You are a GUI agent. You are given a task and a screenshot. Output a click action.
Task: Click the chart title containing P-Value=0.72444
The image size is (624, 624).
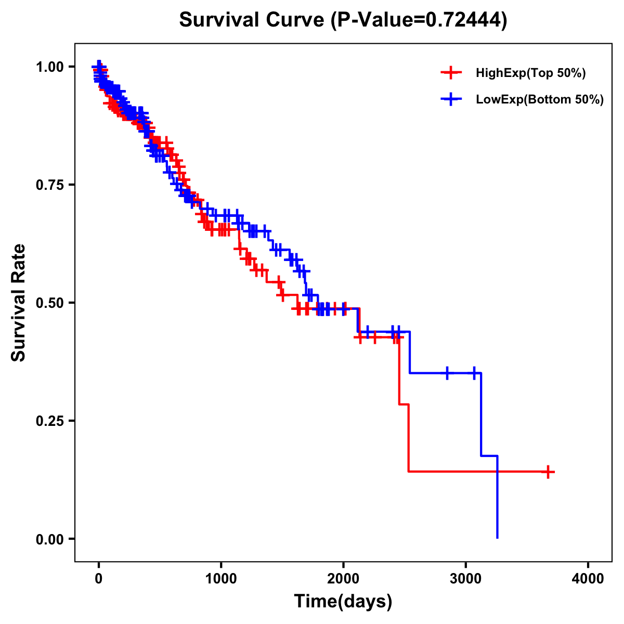[x=343, y=20]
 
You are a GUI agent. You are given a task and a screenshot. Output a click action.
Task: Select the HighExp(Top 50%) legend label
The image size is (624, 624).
[x=530, y=73]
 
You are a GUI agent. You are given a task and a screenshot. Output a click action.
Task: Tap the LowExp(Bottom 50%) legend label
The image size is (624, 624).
[x=540, y=99]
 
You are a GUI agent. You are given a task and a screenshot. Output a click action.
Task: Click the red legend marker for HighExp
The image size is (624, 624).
[x=451, y=73]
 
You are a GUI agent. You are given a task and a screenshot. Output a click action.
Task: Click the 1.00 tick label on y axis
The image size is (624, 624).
[x=50, y=67]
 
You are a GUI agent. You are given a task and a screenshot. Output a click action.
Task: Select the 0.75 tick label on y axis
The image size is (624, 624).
[x=50, y=185]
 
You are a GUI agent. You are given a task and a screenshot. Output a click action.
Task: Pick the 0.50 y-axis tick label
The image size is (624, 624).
[x=50, y=303]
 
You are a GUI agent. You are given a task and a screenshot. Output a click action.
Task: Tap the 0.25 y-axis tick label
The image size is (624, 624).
[x=50, y=421]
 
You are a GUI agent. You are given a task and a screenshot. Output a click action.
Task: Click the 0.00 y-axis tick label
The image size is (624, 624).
[x=50, y=539]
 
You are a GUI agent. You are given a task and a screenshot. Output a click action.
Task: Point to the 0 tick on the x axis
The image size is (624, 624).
[x=99, y=579]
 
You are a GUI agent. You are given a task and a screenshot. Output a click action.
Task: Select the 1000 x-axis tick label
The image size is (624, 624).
[x=221, y=579]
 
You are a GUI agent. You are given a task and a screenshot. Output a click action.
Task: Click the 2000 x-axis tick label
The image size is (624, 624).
[x=343, y=579]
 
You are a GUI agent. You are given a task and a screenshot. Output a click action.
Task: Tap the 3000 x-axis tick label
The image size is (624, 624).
[x=466, y=579]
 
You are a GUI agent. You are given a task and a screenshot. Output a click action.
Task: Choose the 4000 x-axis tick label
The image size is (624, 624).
[x=588, y=579]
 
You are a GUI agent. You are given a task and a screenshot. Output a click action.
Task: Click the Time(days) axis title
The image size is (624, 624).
[x=343, y=602]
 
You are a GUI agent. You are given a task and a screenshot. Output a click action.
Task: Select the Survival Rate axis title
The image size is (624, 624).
[x=19, y=303]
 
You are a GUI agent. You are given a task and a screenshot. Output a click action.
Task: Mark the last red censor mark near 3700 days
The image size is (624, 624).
[x=548, y=472]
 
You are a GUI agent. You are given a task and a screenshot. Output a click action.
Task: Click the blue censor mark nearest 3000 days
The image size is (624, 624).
[x=474, y=373]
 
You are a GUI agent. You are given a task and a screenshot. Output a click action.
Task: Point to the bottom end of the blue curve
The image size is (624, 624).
[x=498, y=537]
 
